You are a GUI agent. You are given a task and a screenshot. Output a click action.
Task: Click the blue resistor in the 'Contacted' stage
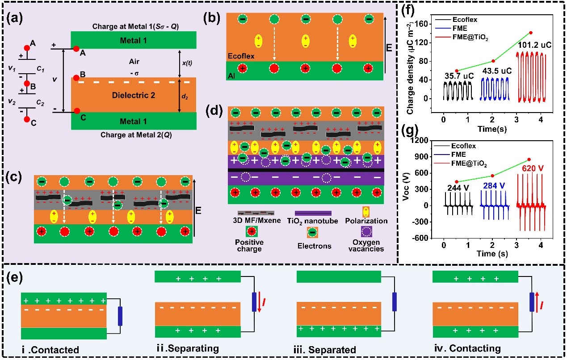(120, 316)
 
